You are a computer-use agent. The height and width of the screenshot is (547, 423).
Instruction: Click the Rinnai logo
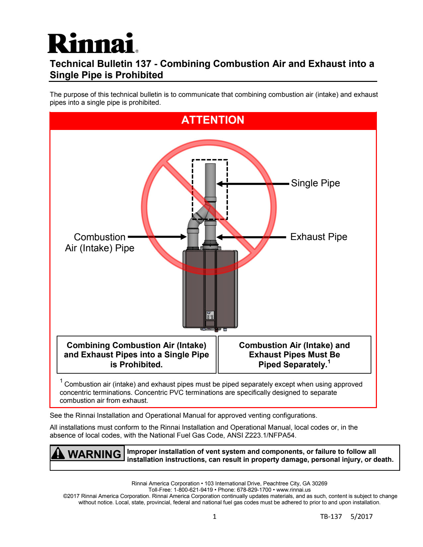coord(92,43)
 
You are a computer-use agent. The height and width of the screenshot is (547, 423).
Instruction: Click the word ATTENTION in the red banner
coord(213,120)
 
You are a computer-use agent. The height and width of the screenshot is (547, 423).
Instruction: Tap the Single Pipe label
coord(315,183)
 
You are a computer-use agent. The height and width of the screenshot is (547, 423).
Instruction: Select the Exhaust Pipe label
coord(318,237)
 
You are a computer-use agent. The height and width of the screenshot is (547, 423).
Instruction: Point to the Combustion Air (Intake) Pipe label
coord(100,243)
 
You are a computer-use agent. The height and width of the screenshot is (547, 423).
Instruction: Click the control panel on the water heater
coord(210,315)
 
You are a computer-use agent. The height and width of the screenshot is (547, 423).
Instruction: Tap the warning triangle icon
coord(58,453)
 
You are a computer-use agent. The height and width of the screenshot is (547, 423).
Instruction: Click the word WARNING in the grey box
coord(95,454)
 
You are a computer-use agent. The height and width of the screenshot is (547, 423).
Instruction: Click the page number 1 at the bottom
coord(214,517)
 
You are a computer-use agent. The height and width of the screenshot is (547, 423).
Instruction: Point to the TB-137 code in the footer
coord(331,517)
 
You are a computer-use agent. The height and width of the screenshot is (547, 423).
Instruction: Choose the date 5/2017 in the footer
coord(361,517)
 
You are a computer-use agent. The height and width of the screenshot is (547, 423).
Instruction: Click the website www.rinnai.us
coord(293,490)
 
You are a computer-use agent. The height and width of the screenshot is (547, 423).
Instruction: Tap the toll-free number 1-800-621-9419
coord(193,490)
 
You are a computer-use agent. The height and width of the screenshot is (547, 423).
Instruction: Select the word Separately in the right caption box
coord(302,365)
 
